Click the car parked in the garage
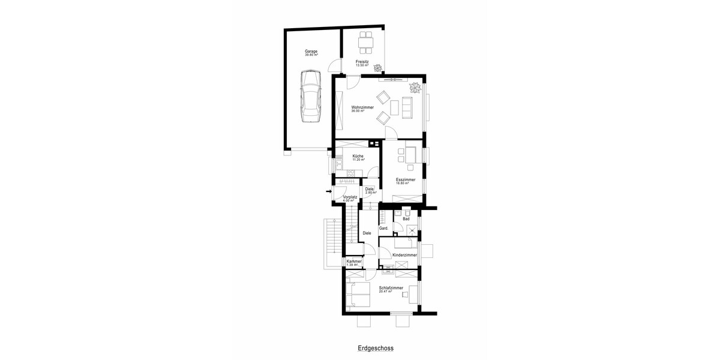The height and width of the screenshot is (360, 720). tap(311, 95)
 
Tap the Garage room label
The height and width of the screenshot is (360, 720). tap(311, 53)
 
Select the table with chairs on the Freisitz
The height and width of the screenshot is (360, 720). tap(365, 41)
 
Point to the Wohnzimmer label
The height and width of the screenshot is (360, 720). tap(362, 108)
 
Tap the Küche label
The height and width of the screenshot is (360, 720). tap(358, 157)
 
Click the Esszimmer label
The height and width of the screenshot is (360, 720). tap(405, 181)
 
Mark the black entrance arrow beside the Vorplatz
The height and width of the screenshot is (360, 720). tap(328, 192)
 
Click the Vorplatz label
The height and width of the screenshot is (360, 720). tap(350, 197)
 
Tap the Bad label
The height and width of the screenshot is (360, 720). tap(406, 219)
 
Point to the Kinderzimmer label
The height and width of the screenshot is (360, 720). tap(404, 255)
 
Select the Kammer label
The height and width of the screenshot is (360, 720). tap(354, 262)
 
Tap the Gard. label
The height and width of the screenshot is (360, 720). tap(384, 229)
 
